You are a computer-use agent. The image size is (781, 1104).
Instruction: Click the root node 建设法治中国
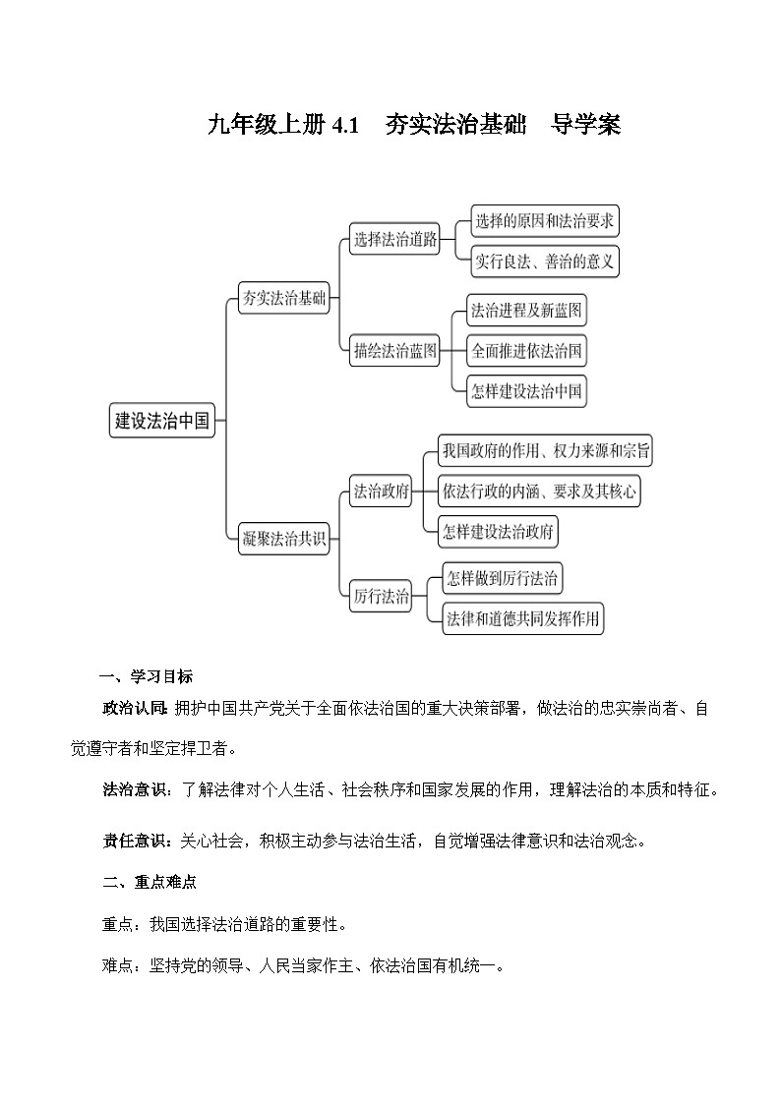pos(162,421)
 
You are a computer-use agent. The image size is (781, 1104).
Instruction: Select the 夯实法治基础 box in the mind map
pos(284,299)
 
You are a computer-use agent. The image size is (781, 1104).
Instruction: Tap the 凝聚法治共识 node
pos(284,539)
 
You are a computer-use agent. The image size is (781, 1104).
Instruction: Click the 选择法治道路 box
pos(395,240)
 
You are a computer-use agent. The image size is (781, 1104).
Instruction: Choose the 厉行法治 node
pos(381,596)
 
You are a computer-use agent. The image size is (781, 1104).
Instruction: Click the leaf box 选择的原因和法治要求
pos(544,221)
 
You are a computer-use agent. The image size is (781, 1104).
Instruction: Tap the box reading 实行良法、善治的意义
pos(544,261)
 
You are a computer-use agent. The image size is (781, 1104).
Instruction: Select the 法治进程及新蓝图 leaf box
pos(526,312)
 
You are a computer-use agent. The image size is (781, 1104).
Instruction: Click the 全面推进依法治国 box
pos(526,351)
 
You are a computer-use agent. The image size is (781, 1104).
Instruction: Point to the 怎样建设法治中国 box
pos(526,390)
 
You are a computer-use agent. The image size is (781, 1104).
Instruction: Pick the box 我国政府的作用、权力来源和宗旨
pos(546,451)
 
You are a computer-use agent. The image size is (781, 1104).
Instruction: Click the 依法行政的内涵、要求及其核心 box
pos(539,491)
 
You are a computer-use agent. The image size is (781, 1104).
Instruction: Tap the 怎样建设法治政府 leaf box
pos(499,532)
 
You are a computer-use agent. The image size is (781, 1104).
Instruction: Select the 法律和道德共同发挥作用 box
pos(522,619)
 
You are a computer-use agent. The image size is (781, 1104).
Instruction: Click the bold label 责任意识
pos(136,841)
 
